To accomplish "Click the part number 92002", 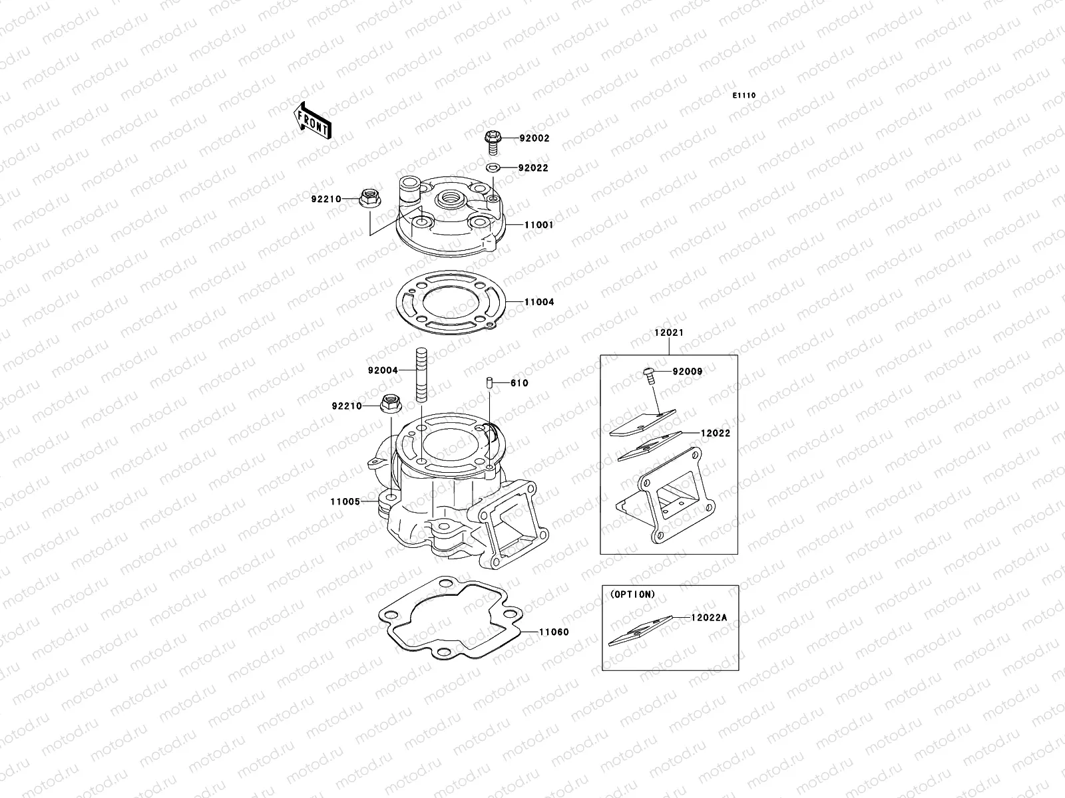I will point(534,138).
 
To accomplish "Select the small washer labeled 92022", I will point(493,168).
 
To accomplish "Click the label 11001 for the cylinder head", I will point(538,225).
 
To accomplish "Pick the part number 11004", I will point(538,302).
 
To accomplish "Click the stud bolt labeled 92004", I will point(421,376).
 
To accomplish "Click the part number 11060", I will point(554,632).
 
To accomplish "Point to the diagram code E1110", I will point(744,96).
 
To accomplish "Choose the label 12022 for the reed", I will point(715,433).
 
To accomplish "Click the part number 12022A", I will point(709,617).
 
